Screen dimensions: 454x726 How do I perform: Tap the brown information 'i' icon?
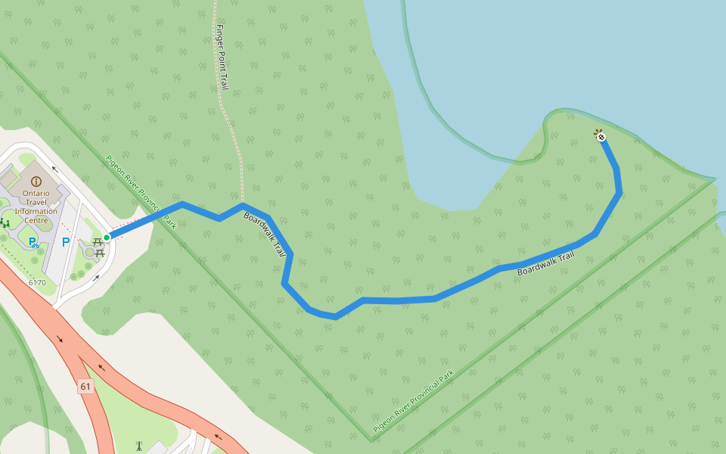coord(36,182)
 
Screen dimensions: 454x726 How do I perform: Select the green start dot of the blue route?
coord(107,238)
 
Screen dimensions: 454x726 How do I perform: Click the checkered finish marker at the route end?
coord(600,137)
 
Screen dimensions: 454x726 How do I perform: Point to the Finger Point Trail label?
coord(222,57)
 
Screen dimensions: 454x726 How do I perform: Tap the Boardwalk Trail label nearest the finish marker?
coord(545,263)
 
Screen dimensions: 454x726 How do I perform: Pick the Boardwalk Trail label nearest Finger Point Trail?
coord(265,234)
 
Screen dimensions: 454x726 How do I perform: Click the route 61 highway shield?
coord(85,387)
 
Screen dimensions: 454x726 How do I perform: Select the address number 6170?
coord(37,282)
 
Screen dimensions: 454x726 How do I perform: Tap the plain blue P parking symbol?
coord(66,242)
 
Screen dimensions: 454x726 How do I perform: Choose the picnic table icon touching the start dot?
coord(98,241)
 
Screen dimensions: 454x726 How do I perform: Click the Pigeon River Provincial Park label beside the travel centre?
coord(141,192)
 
